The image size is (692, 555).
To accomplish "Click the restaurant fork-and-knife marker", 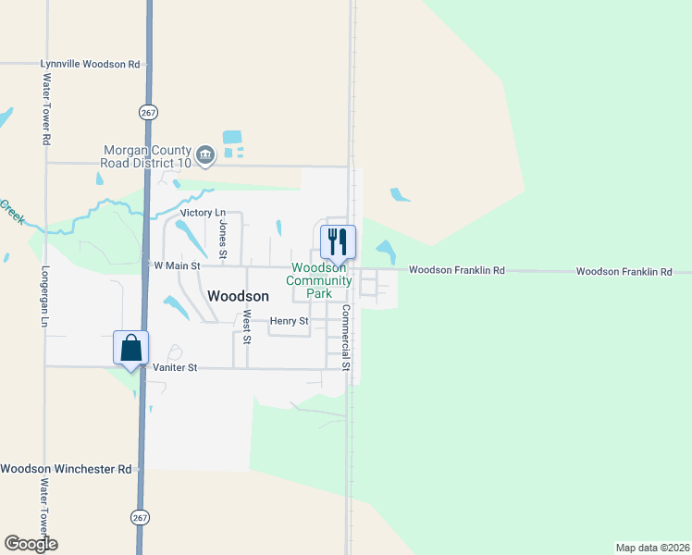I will pos(338,242).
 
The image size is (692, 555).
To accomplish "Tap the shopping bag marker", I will pos(131,348).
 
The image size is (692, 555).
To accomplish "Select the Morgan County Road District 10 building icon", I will pos(205,155).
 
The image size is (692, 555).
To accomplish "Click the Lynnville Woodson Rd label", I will pos(90,64).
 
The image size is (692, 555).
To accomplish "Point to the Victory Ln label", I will pos(203,213).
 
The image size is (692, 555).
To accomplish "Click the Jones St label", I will pos(222,240).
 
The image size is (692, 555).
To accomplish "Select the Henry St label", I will pos(289,321).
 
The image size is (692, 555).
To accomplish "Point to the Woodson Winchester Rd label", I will pos(66,469).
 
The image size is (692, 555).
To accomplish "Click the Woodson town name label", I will pos(239,296).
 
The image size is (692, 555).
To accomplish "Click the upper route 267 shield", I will pos(149,112).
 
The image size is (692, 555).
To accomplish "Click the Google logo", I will pos(31,544).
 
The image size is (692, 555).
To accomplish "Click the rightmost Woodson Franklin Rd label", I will pos(624,271).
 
